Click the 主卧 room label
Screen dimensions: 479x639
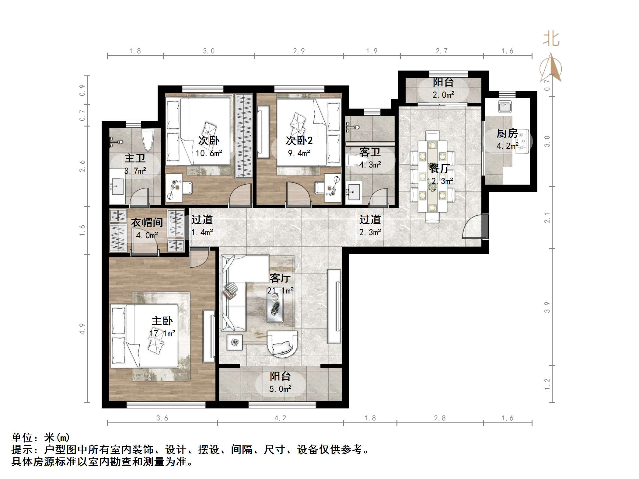pyautogui.click(x=162, y=321)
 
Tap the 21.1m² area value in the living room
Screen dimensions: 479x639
pyautogui.click(x=280, y=291)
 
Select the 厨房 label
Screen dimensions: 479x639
pyautogui.click(x=507, y=133)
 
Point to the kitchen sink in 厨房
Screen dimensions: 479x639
pyautogui.click(x=505, y=106)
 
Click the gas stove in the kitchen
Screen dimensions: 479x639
pyautogui.click(x=523, y=141)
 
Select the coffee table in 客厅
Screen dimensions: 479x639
pyautogui.click(x=275, y=308)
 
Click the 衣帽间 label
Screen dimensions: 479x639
pyautogui.click(x=147, y=223)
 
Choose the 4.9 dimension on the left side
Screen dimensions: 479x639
pyautogui.click(x=82, y=329)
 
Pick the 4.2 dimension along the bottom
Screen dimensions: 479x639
pyautogui.click(x=280, y=418)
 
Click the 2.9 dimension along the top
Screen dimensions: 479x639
pyautogui.click(x=299, y=51)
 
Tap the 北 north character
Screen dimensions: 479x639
pyautogui.click(x=551, y=40)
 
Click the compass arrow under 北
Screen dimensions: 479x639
pyautogui.click(x=551, y=68)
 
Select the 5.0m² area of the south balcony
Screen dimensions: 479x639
pyautogui.click(x=280, y=389)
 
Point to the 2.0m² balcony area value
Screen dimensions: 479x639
pyautogui.click(x=443, y=95)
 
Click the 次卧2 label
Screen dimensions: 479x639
pyautogui.click(x=299, y=141)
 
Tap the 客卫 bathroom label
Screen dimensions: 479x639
pyautogui.click(x=370, y=152)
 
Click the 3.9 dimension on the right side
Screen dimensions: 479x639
pyautogui.click(x=547, y=307)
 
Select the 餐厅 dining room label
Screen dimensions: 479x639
pyautogui.click(x=440, y=168)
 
